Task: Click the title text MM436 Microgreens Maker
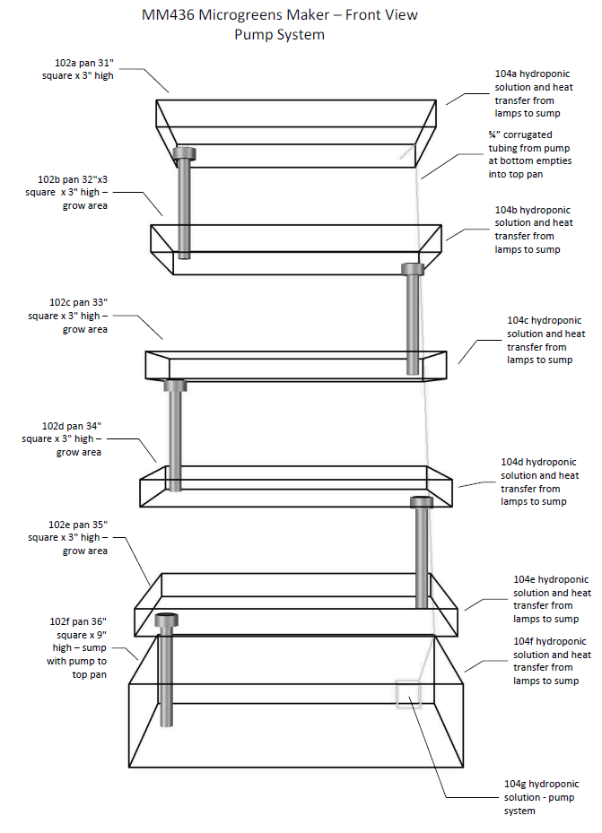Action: click(279, 15)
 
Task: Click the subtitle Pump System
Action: click(279, 35)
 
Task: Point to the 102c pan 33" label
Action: click(68, 316)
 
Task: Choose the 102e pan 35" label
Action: click(68, 536)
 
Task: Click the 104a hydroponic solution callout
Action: click(533, 94)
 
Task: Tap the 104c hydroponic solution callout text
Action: click(545, 340)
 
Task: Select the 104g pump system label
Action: click(540, 797)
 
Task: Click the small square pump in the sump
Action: click(408, 694)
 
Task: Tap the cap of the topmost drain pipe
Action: click(184, 152)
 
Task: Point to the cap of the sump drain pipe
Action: click(167, 620)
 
